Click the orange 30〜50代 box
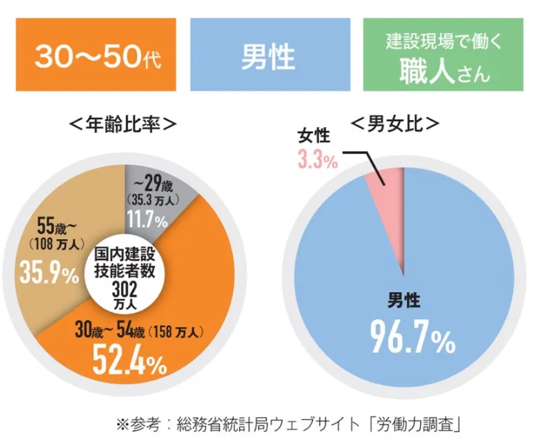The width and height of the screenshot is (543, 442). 96,55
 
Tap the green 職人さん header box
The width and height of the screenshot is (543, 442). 443,55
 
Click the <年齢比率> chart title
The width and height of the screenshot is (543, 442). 122,124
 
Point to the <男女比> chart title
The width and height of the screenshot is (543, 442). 396,124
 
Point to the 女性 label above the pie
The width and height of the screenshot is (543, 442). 315,135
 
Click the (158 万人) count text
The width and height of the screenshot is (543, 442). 175,332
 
